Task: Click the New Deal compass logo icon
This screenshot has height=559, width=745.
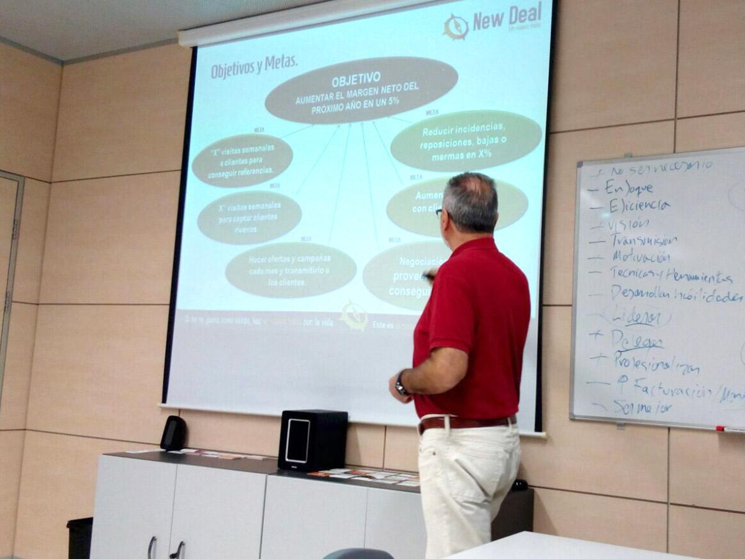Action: pyautogui.click(x=456, y=27)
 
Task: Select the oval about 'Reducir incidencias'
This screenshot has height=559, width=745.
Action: pyautogui.click(x=466, y=141)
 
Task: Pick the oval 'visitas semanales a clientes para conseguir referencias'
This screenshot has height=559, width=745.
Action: pyautogui.click(x=242, y=160)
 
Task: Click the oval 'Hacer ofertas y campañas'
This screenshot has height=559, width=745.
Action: pyautogui.click(x=290, y=269)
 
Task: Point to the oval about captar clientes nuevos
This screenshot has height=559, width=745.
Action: pyautogui.click(x=249, y=217)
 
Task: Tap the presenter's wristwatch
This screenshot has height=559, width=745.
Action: pyautogui.click(x=401, y=384)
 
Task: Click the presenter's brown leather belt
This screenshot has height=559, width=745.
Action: pyautogui.click(x=466, y=422)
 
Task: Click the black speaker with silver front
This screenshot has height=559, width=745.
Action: pyautogui.click(x=312, y=440)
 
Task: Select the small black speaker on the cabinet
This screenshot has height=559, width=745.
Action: pyautogui.click(x=173, y=433)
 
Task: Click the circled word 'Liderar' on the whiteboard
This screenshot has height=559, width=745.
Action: pyautogui.click(x=636, y=317)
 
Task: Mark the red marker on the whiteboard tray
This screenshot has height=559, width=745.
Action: pyautogui.click(x=729, y=429)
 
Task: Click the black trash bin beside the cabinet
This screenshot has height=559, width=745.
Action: pyautogui.click(x=79, y=537)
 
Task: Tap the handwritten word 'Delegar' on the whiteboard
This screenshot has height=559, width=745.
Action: pyautogui.click(x=636, y=339)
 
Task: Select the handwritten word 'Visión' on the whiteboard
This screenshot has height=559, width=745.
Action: pyautogui.click(x=628, y=224)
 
